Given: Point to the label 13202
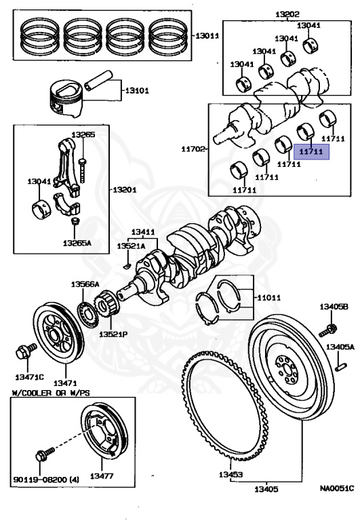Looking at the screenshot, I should (287, 14).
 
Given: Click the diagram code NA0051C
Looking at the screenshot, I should (336, 486).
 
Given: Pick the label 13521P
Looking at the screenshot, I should (114, 334).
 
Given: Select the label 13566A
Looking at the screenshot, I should (85, 284).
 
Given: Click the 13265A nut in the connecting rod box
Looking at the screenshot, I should (75, 221).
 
